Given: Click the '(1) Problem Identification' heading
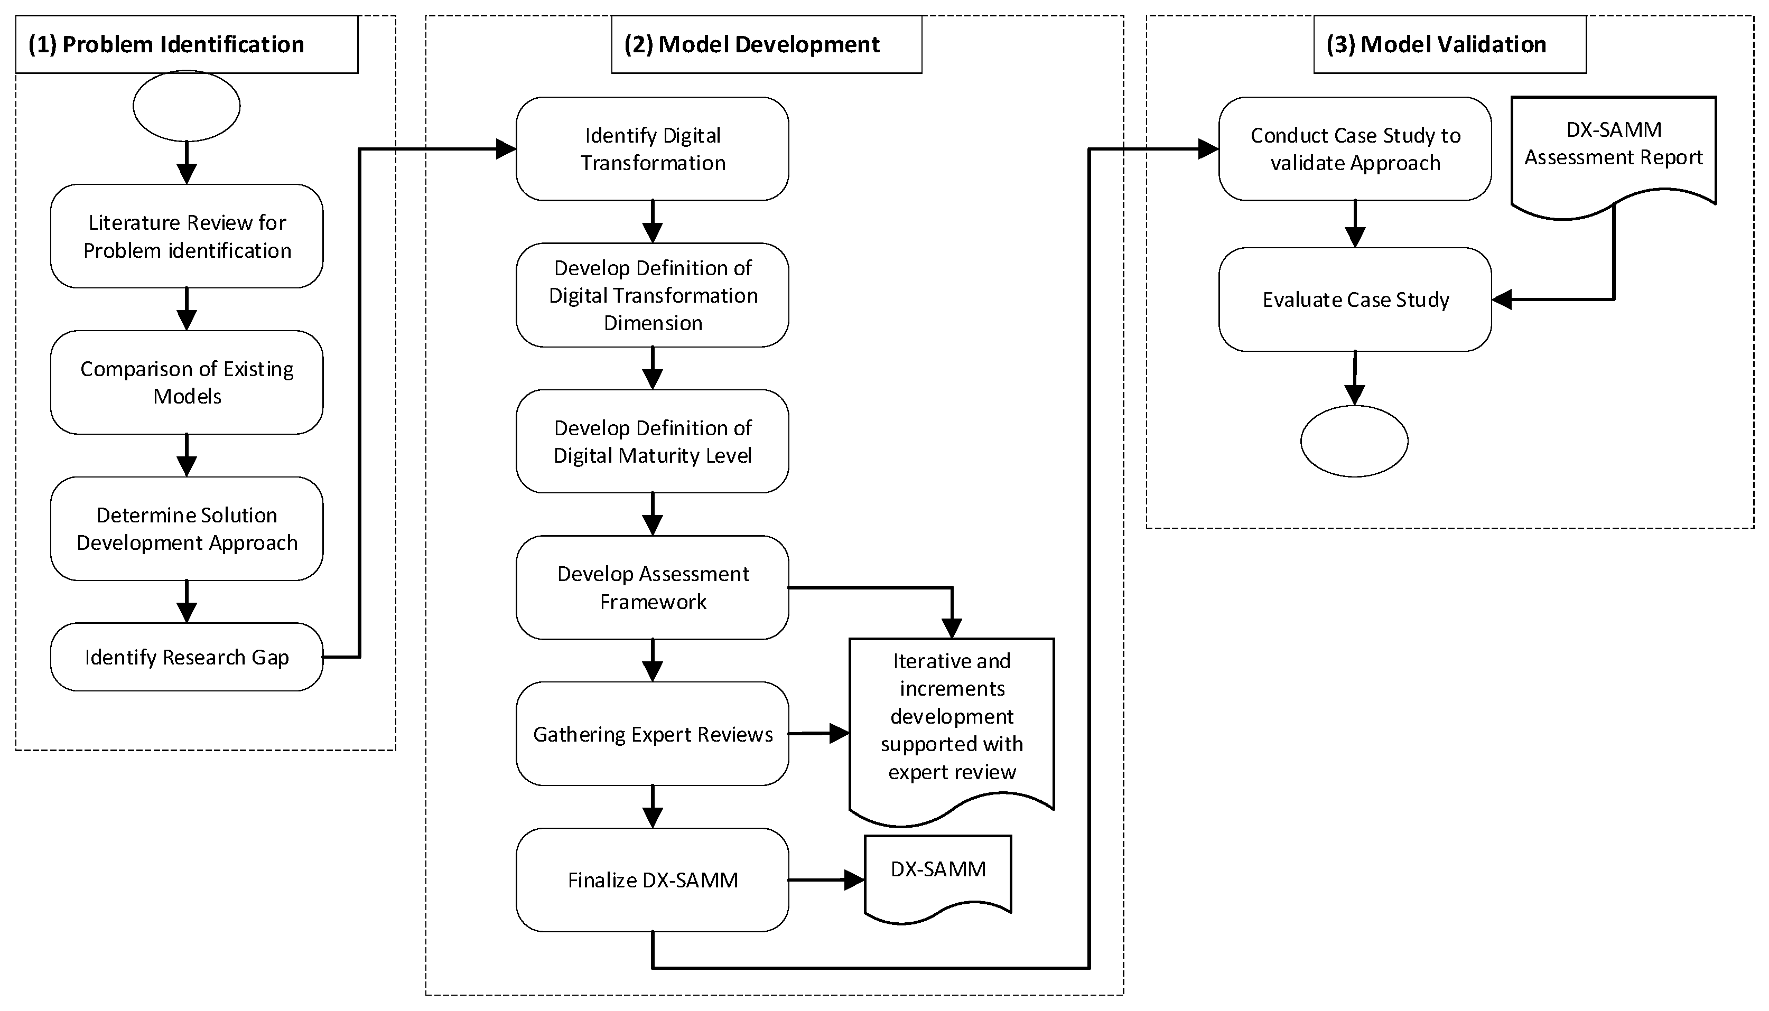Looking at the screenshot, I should click(166, 44).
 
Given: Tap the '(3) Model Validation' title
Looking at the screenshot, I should click(1436, 44).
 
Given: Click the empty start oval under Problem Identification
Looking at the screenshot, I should click(186, 106).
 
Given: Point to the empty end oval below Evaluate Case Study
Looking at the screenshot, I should click(1354, 441).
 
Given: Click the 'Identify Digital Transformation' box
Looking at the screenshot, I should click(652, 148).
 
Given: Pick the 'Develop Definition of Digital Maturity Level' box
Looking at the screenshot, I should click(652, 442).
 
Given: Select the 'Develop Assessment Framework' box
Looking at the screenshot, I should click(652, 587).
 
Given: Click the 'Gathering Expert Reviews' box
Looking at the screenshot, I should click(652, 734).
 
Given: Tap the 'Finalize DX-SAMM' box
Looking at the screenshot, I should click(652, 880).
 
